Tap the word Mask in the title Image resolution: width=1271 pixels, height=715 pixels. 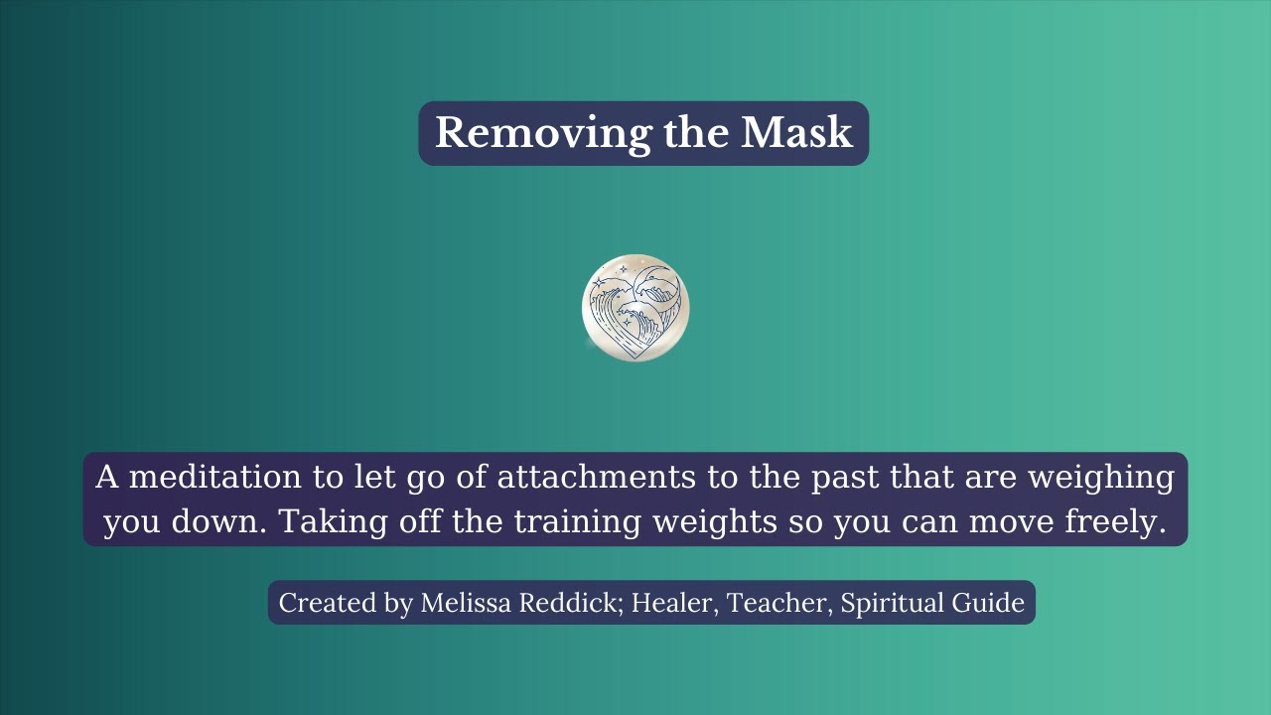[x=796, y=133]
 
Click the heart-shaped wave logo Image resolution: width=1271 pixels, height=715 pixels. [x=635, y=308]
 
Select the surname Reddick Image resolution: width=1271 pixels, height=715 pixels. [x=575, y=603]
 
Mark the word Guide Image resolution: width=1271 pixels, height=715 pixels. [x=987, y=603]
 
